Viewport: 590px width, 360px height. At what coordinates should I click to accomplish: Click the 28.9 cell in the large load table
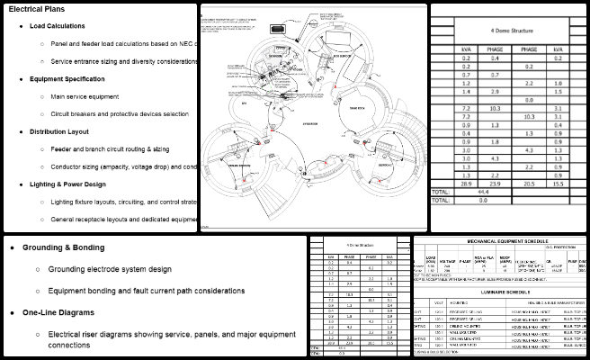click(465, 183)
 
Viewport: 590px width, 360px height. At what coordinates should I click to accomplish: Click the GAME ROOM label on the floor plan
click(355, 106)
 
